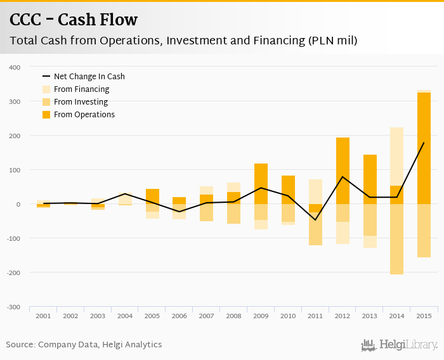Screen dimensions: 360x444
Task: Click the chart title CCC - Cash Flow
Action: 74,20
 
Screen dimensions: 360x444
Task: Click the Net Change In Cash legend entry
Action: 89,77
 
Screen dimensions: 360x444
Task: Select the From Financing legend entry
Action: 81,89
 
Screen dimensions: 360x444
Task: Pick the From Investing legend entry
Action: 81,102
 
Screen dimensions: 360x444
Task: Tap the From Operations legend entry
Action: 84,115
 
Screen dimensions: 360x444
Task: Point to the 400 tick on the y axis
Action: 14,67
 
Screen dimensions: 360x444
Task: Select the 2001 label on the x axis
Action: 43,316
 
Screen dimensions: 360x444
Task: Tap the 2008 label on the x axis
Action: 233,316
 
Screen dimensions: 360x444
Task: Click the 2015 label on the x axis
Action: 424,316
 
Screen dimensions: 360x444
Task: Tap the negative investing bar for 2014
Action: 396,240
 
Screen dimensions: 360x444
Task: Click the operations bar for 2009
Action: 261,184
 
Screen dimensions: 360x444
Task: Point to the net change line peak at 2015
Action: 424,143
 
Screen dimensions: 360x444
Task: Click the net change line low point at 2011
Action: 315,220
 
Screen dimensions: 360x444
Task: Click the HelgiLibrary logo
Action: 399,345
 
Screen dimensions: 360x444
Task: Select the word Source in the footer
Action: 20,345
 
